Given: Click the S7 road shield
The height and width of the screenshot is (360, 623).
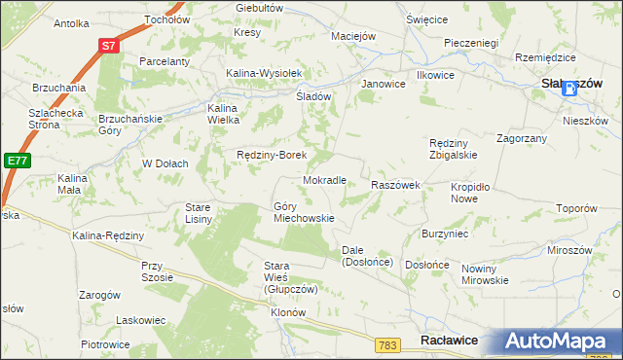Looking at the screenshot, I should tap(110, 46).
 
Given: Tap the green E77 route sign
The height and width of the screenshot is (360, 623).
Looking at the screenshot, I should tap(15, 161).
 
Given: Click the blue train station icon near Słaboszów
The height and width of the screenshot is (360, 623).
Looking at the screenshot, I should tap(569, 88).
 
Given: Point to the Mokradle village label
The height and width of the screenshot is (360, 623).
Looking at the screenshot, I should tap(325, 180).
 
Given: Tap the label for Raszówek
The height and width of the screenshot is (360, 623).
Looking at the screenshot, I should tap(395, 184).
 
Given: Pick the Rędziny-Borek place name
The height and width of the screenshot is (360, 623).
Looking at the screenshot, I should tap(273, 155).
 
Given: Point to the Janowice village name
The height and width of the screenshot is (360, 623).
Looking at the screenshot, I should tap(383, 85).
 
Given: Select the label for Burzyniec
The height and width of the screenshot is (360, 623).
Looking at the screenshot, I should tap(445, 234).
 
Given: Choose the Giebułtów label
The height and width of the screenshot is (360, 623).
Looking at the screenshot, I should tap(259, 7).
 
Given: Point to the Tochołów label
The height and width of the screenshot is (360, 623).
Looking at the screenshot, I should tap(165, 18).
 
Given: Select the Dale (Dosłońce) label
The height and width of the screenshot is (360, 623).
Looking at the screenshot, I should tap(366, 256).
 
